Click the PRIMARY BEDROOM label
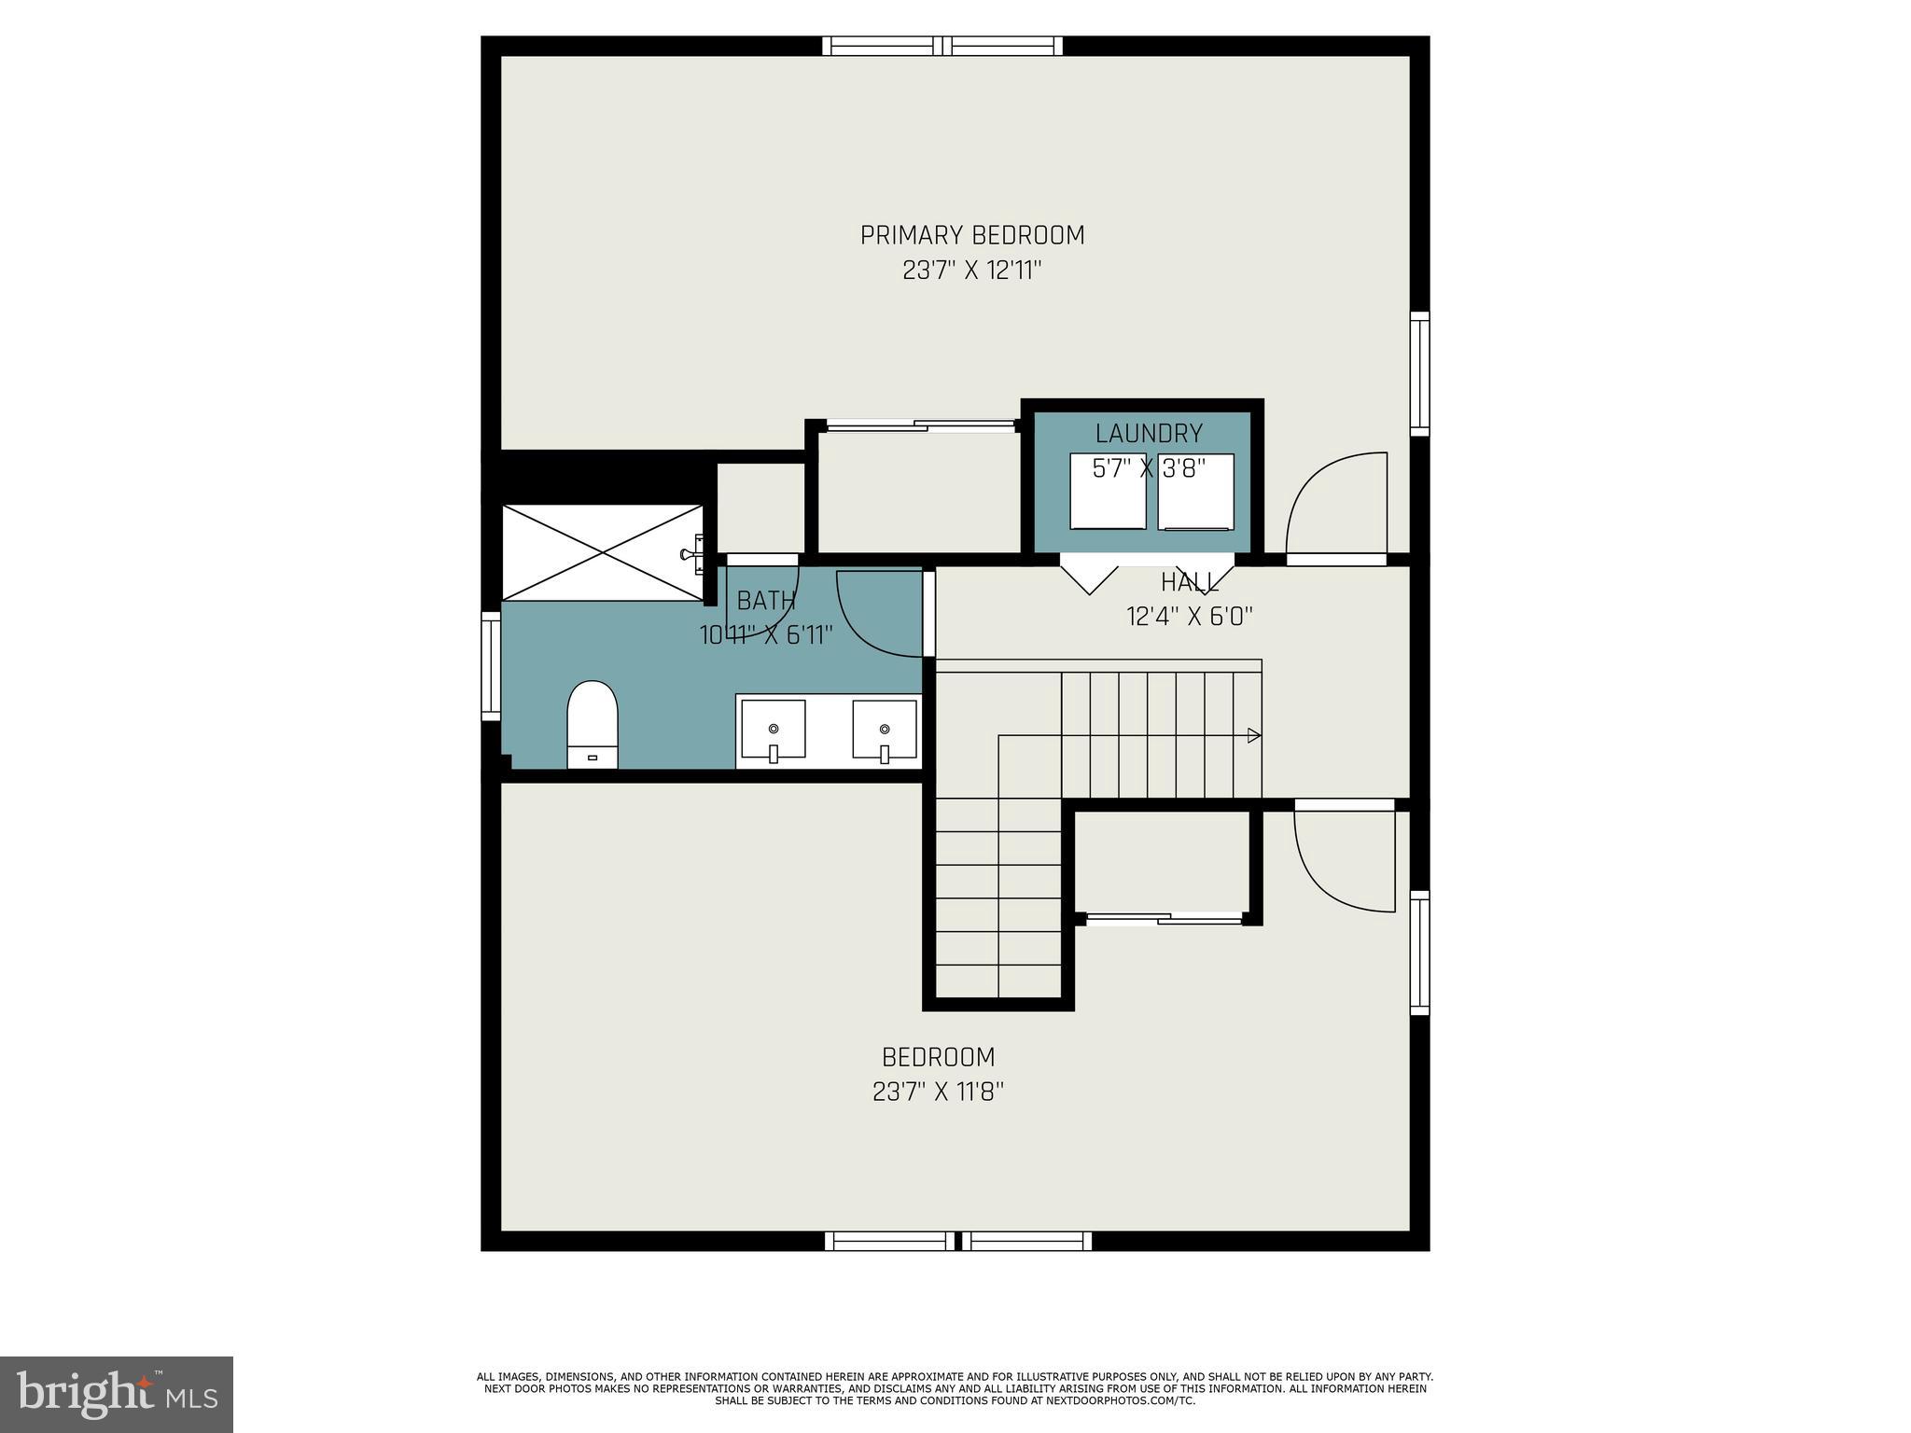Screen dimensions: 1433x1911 coord(971,235)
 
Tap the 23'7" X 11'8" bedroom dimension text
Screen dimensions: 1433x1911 coord(938,1092)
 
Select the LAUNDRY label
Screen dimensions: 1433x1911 coord(1148,433)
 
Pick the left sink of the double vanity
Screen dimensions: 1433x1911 coord(773,730)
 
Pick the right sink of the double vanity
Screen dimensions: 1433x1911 coord(884,730)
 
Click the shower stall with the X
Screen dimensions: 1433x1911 coord(603,552)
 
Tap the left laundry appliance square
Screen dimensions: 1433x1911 coord(1108,492)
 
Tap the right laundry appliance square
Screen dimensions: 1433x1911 coord(1195,492)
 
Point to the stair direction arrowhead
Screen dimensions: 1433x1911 coord(1255,735)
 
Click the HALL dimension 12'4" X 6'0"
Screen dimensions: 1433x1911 coord(1189,617)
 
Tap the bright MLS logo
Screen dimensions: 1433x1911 coord(117,1394)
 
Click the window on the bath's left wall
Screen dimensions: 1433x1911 coord(491,665)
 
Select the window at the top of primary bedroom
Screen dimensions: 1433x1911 coord(942,46)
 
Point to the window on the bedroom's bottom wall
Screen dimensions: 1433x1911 coord(958,1241)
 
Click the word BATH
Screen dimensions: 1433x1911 coord(766,600)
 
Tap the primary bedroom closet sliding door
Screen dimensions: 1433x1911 coord(921,425)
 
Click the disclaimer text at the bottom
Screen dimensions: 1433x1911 coord(955,1388)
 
